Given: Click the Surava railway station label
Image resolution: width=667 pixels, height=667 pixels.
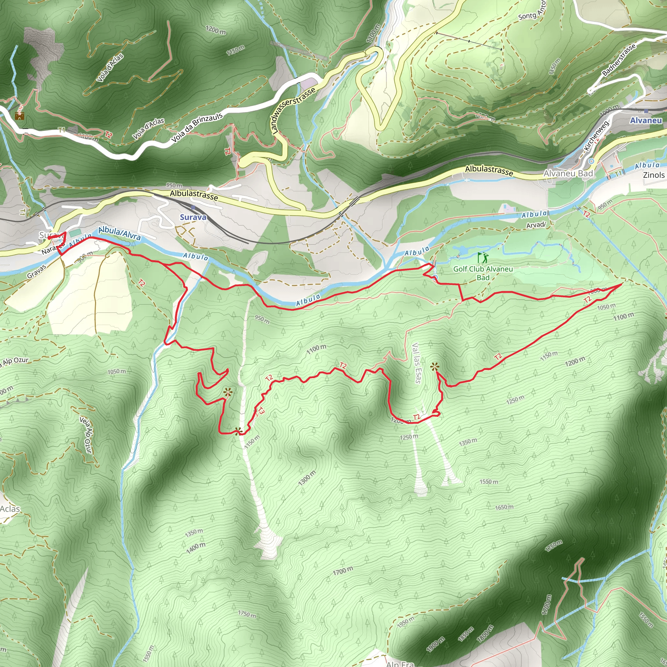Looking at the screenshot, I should [x=193, y=217].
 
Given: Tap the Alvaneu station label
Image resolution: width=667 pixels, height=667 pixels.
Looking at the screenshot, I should [x=646, y=121].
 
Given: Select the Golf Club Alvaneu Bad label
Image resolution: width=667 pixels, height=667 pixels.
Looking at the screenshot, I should [x=483, y=273].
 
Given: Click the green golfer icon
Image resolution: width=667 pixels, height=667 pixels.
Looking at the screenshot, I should [x=483, y=258].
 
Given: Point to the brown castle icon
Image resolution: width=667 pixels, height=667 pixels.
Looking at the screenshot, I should [x=20, y=116].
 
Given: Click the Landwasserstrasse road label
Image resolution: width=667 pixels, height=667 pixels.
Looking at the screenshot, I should [x=293, y=110].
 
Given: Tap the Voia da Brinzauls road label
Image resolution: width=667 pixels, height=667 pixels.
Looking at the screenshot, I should [x=197, y=128].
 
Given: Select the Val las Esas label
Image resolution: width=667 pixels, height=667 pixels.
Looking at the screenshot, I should [x=417, y=363].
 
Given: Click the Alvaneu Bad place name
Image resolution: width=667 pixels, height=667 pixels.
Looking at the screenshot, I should [x=568, y=173].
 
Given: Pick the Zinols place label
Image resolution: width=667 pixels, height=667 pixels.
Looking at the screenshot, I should [x=654, y=175].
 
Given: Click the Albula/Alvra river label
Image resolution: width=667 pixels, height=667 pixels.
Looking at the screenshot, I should [x=120, y=234].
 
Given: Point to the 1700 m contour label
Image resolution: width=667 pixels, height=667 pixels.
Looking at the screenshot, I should [x=343, y=571].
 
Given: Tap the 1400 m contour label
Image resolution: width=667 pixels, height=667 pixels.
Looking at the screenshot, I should [x=196, y=548].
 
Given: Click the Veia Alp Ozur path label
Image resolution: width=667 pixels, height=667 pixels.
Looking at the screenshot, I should [x=86, y=435].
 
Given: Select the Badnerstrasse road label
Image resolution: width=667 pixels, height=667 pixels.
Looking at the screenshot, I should [x=619, y=60].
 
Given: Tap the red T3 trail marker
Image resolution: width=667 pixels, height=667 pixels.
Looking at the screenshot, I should [x=261, y=411].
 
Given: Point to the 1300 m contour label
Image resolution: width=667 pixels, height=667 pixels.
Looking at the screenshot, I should [x=307, y=478].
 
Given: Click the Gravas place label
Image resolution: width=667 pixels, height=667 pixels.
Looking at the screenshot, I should [x=36, y=272].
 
